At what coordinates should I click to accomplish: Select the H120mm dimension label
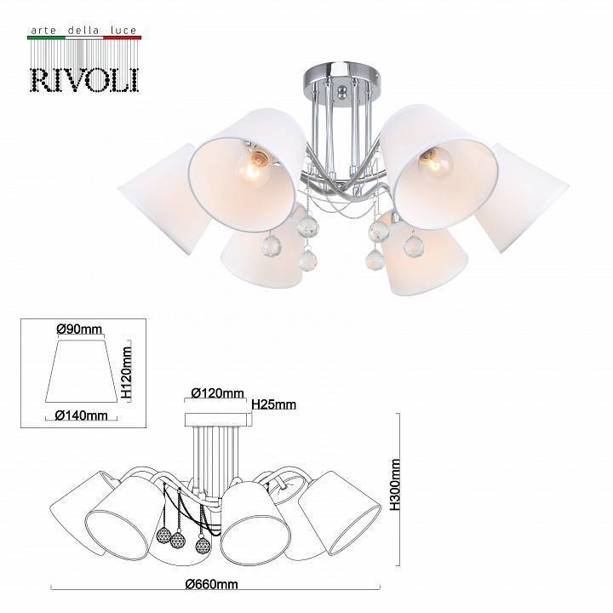click(x=126, y=373)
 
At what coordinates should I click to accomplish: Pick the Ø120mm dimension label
click(x=216, y=393)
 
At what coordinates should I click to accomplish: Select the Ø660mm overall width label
click(x=213, y=584)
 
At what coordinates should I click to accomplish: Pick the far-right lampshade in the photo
click(x=521, y=197)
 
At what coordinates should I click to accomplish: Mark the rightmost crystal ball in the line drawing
click(x=203, y=546)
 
